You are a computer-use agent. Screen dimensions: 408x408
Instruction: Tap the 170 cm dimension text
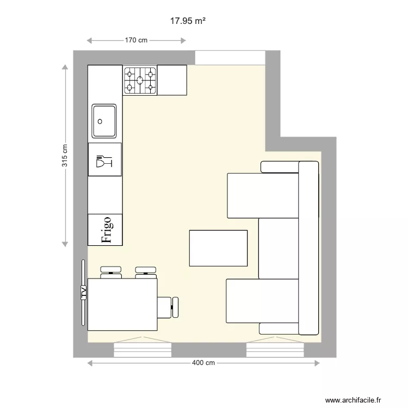(x=136, y=40)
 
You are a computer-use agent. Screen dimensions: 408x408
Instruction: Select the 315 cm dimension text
(x=65, y=155)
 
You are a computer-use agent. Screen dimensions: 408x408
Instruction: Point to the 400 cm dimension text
(x=202, y=363)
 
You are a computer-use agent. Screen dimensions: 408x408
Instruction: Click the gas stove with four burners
(x=140, y=80)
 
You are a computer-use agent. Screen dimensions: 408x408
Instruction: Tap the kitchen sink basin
(x=104, y=121)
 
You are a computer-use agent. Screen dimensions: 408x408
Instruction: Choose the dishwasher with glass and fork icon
(x=105, y=160)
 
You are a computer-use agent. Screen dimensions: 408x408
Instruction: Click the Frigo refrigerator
(x=106, y=230)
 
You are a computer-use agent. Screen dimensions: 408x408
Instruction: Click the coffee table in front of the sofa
(x=218, y=248)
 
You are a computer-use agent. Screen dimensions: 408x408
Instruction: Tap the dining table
(x=122, y=304)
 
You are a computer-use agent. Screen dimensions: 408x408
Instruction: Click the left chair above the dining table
(x=111, y=271)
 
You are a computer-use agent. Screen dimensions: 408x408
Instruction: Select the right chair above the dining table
(x=145, y=271)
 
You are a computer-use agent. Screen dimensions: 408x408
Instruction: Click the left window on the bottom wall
(x=143, y=350)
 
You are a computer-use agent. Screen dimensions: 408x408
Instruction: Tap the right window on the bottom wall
(x=275, y=350)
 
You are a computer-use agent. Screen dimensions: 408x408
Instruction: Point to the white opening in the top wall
(x=230, y=57)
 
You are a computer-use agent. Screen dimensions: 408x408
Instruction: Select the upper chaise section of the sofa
(x=263, y=195)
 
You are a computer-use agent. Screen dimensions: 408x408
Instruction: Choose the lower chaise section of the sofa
(x=263, y=301)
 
